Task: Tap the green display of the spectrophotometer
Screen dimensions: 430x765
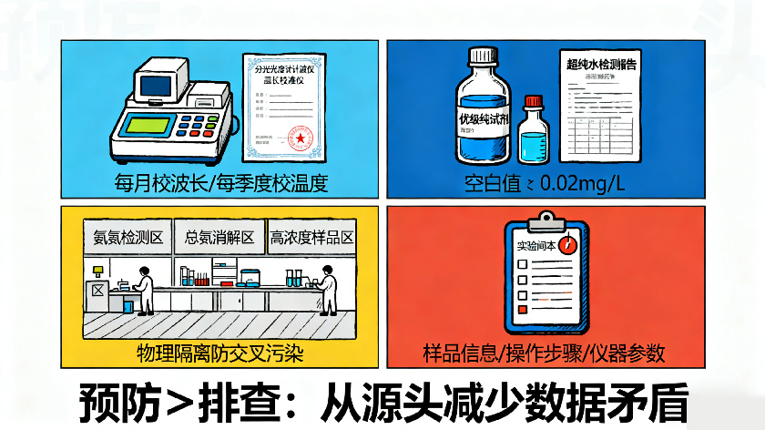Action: point(149,125)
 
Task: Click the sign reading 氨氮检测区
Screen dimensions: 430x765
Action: point(127,239)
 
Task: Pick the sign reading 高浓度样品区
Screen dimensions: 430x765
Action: point(311,239)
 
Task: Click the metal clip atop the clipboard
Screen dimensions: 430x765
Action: point(545,220)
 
